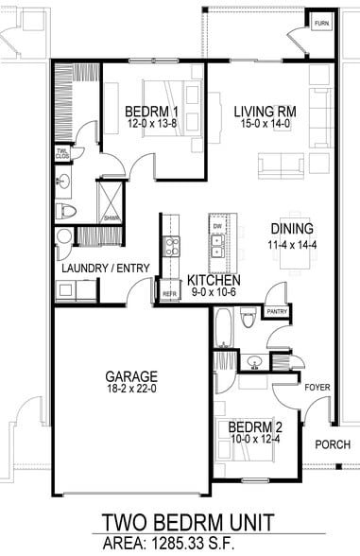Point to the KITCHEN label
click(213, 281)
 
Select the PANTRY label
click(278, 311)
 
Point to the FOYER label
click(315, 387)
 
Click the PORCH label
click(333, 444)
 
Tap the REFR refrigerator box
click(170, 293)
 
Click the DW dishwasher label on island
click(217, 228)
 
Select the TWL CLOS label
click(62, 152)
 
